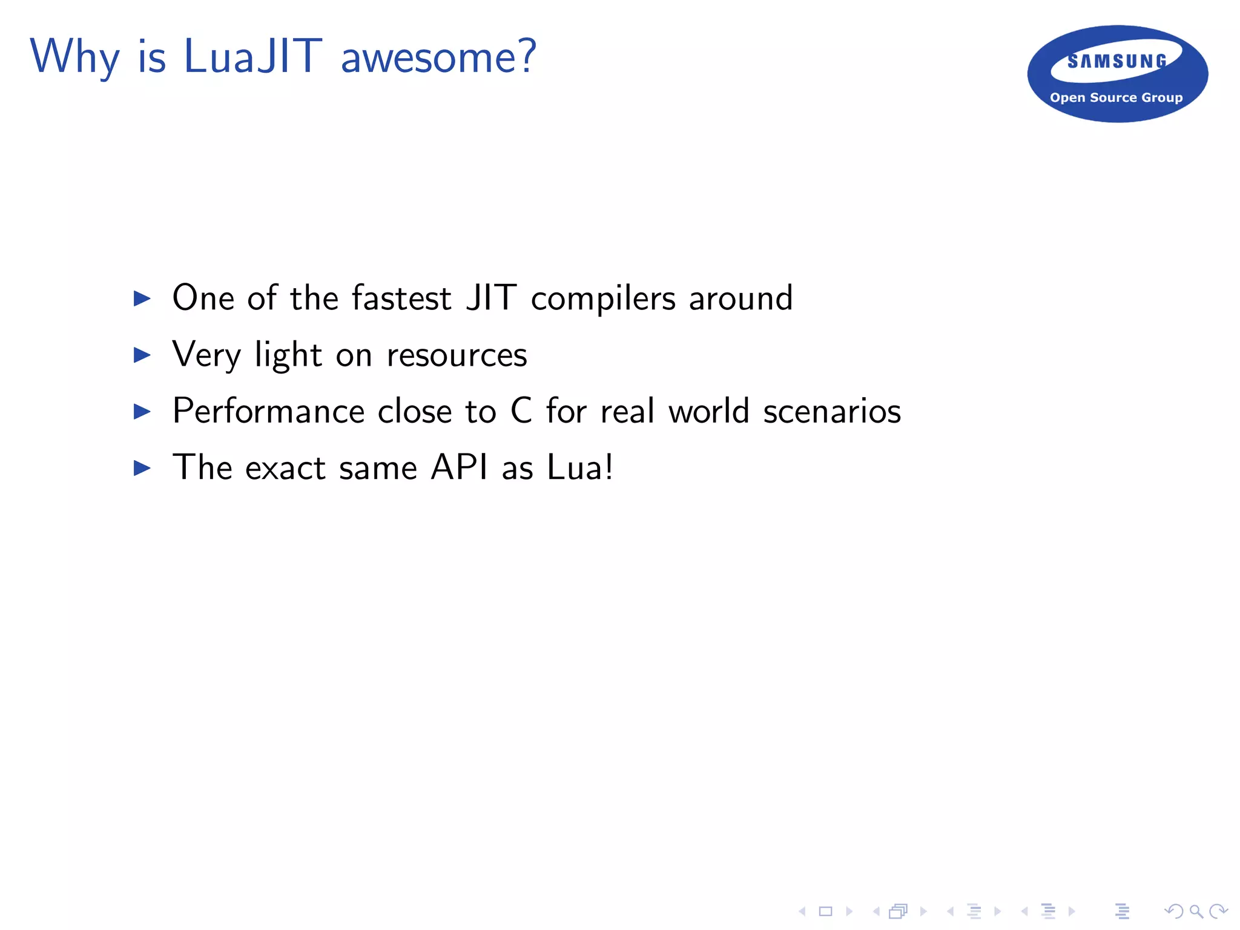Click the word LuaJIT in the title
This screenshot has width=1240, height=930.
(252, 56)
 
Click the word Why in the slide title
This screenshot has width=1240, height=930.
(74, 56)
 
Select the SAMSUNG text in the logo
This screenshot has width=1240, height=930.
(1117, 61)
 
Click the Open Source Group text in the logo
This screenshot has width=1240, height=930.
(1116, 97)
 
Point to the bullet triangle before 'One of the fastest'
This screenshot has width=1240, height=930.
(142, 298)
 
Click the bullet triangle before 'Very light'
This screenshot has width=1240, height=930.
(142, 355)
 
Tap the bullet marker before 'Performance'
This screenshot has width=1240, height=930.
(142, 412)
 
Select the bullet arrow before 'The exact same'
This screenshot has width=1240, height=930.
(142, 468)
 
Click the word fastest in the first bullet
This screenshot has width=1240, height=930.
(401, 298)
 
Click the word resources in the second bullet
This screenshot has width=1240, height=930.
(457, 355)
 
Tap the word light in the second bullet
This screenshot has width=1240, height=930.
(288, 355)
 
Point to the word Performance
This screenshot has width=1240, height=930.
(268, 411)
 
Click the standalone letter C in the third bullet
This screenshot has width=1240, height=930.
(521, 411)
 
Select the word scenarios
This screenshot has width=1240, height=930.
(832, 411)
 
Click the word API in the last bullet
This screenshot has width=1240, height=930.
(459, 467)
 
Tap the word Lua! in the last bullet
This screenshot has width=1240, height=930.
(580, 467)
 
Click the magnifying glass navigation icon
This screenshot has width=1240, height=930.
(1196, 911)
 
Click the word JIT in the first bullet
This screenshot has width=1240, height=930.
(491, 298)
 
